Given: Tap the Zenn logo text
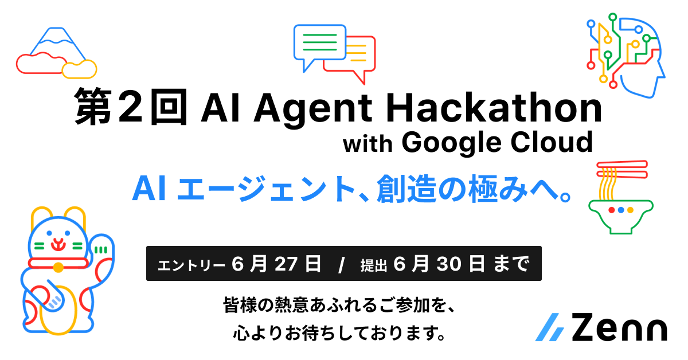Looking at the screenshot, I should (619, 328).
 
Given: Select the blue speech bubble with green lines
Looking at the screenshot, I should (319, 42).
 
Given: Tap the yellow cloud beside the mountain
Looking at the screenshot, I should (79, 69).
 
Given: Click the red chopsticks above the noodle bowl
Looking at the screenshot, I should (621, 169).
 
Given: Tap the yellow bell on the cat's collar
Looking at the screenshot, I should (58, 267).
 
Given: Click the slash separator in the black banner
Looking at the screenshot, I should (342, 265).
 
